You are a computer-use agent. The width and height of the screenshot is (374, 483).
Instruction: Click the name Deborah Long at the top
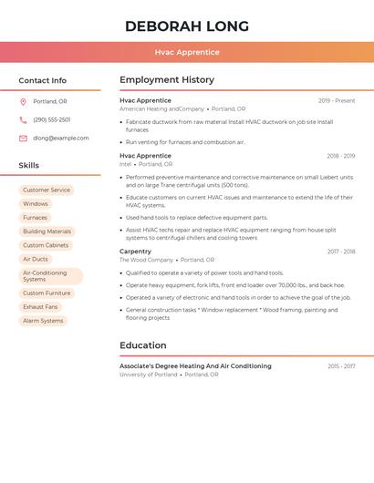pyautogui.click(x=186, y=26)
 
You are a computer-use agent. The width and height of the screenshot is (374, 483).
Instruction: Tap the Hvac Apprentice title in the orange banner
pyautogui.click(x=186, y=52)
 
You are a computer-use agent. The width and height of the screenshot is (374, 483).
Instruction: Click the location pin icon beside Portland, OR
pyautogui.click(x=23, y=101)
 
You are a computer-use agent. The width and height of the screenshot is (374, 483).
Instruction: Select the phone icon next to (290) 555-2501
pyautogui.click(x=23, y=119)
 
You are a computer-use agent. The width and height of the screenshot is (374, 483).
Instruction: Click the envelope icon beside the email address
pyautogui.click(x=23, y=139)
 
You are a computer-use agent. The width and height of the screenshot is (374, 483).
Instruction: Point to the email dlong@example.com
pyautogui.click(x=61, y=139)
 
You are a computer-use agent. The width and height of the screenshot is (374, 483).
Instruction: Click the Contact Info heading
pyautogui.click(x=43, y=80)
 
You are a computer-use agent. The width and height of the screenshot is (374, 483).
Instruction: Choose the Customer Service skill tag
pyautogui.click(x=47, y=190)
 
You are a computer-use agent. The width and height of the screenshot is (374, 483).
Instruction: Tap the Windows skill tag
pyautogui.click(x=36, y=203)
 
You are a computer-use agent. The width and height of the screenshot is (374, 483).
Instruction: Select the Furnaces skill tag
pyautogui.click(x=36, y=218)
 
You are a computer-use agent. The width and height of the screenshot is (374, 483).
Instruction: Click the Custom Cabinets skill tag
pyautogui.click(x=46, y=245)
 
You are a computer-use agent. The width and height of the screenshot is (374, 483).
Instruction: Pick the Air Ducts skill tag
pyautogui.click(x=36, y=259)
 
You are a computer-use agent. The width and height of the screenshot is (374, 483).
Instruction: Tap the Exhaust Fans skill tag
pyautogui.click(x=40, y=307)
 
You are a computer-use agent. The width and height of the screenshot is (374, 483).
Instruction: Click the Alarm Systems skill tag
pyautogui.click(x=43, y=321)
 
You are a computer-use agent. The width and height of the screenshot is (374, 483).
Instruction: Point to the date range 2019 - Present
pyautogui.click(x=337, y=100)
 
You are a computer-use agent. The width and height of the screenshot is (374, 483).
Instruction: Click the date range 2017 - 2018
pyautogui.click(x=341, y=252)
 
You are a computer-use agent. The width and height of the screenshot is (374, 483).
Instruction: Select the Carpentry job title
pyautogui.click(x=135, y=252)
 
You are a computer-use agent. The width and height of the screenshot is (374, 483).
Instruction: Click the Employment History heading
pyautogui.click(x=167, y=79)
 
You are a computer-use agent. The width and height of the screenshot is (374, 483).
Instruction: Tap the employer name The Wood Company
pyautogui.click(x=146, y=260)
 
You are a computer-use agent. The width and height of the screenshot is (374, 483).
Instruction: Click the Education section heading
pyautogui.click(x=143, y=345)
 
